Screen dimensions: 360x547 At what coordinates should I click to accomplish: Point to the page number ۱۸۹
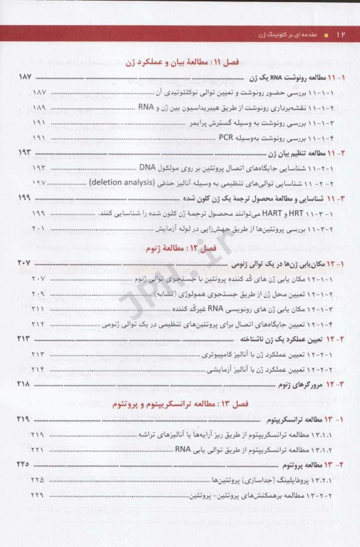click(x=38, y=108)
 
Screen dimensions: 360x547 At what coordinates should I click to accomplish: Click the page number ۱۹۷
click(x=38, y=182)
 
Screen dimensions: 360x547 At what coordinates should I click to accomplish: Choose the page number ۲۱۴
click(x=38, y=368)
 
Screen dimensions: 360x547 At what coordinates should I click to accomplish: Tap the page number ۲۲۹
click(x=38, y=494)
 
